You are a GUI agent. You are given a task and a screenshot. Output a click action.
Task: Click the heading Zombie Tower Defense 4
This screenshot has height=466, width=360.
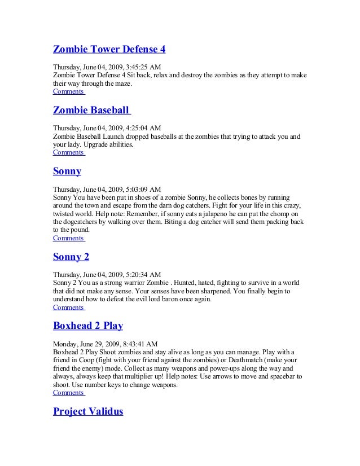pyautogui.click(x=109, y=49)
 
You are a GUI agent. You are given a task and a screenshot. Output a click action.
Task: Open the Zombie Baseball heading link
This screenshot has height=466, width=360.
pyautogui.click(x=91, y=110)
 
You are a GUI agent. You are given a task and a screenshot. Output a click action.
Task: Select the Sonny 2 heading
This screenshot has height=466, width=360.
pyautogui.click(x=71, y=257)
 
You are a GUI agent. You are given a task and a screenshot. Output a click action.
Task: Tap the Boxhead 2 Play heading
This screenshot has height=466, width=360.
pyautogui.click(x=88, y=326)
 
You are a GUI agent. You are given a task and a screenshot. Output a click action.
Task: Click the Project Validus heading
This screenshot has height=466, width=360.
pyautogui.click(x=88, y=411)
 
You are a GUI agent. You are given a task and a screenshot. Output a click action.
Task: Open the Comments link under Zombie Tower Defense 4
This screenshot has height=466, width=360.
pyautogui.click(x=68, y=91)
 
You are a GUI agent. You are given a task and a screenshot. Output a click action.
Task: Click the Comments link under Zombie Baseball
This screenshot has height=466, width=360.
pyautogui.click(x=68, y=152)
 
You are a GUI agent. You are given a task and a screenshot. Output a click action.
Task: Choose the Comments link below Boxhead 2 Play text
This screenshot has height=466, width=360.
pyautogui.click(x=68, y=393)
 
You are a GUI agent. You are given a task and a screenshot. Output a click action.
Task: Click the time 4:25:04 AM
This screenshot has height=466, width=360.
pyautogui.click(x=142, y=128)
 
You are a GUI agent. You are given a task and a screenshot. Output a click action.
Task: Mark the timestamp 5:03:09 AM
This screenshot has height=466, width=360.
pyautogui.click(x=142, y=189)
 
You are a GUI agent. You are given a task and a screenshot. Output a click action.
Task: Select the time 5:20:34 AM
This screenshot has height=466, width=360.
pyautogui.click(x=142, y=274)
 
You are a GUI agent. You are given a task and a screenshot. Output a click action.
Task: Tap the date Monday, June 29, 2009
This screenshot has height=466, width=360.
pyautogui.click(x=85, y=343)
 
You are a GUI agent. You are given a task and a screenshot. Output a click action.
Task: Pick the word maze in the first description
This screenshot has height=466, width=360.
pyautogui.click(x=122, y=83)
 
